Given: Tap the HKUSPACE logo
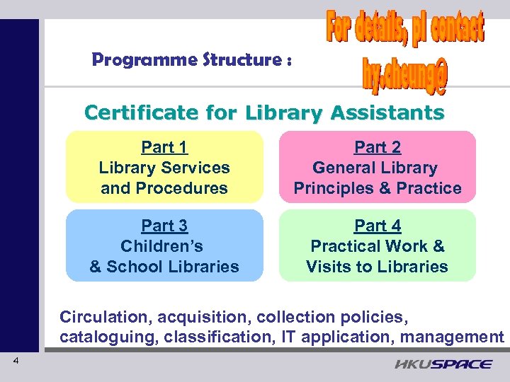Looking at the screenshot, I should pyautogui.click(x=443, y=364).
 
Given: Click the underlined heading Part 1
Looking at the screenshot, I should pyautogui.click(x=164, y=147).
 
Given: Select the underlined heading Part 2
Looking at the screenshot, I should pyautogui.click(x=378, y=147).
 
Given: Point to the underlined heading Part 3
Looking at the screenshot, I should pyautogui.click(x=164, y=226).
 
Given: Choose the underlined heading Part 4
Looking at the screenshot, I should pyautogui.click(x=378, y=226).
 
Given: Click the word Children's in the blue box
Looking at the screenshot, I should pyautogui.click(x=162, y=246).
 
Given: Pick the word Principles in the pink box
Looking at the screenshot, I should pyautogui.click(x=331, y=188).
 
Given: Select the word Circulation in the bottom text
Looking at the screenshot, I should pyautogui.click(x=103, y=316).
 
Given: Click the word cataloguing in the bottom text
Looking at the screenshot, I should pyautogui.click(x=106, y=337).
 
